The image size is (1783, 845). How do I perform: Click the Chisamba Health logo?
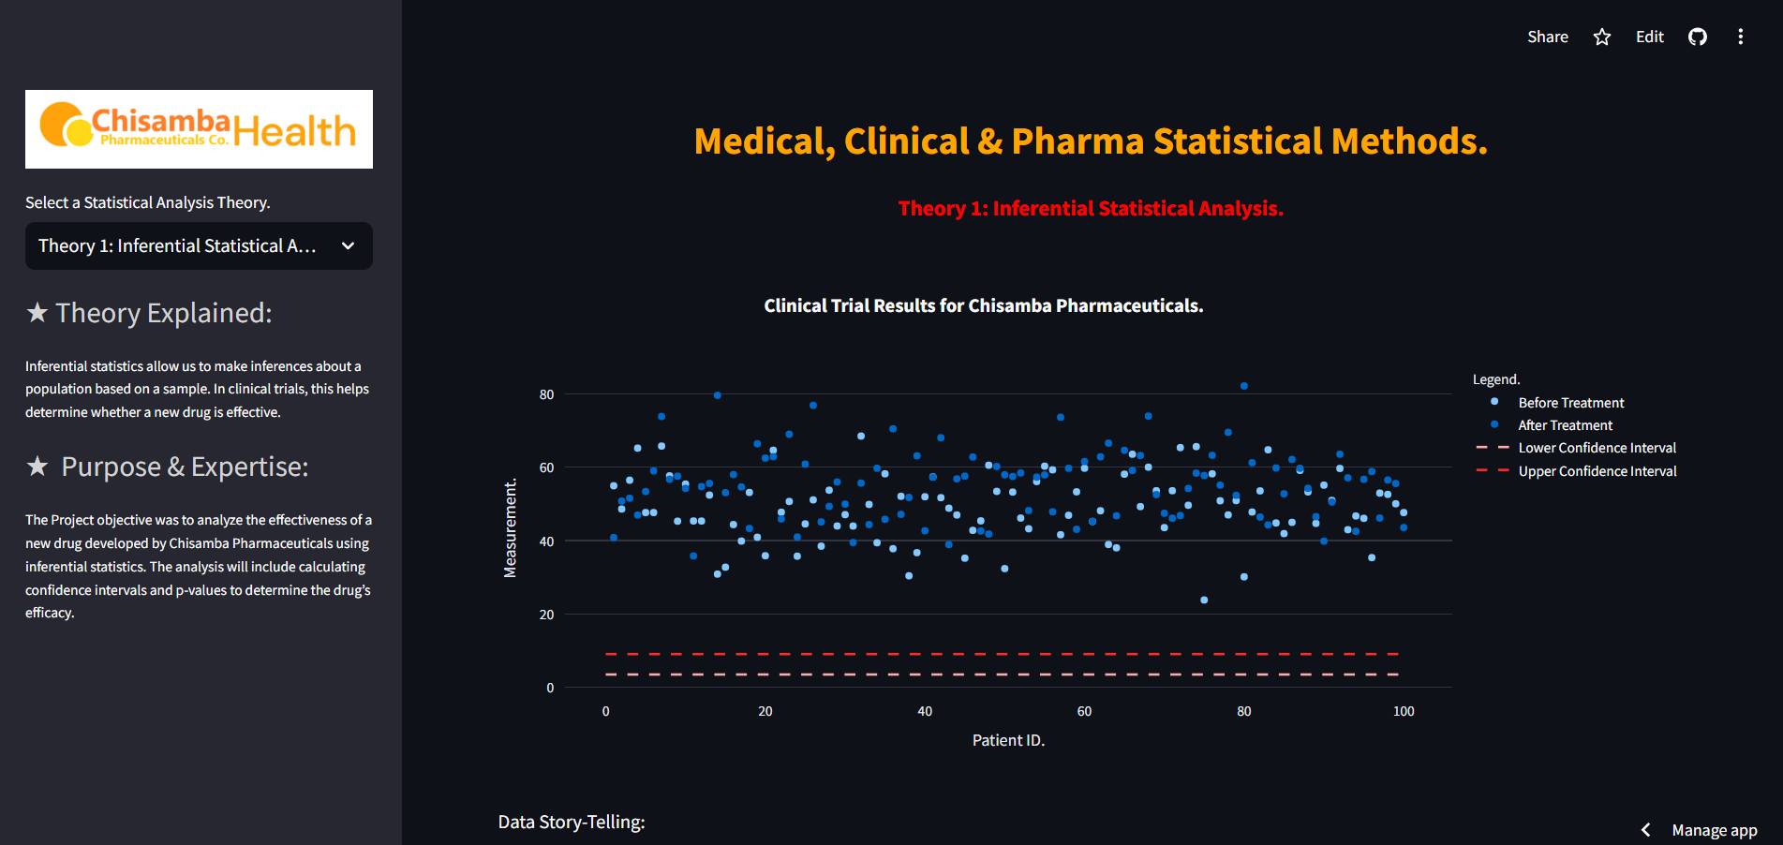point(199,129)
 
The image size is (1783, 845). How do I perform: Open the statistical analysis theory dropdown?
point(199,245)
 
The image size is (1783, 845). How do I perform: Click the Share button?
point(1547,37)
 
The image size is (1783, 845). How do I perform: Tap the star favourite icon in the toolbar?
point(1602,37)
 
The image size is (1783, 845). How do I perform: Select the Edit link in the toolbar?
point(1649,37)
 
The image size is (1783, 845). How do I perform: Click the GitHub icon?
point(1698,37)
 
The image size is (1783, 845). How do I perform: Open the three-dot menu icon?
point(1741,37)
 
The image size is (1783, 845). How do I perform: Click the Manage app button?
point(1714,830)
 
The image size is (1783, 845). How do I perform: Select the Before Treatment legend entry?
point(1570,403)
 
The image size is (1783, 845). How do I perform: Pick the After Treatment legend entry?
point(1565,425)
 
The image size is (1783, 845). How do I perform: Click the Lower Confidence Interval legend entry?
point(1597,448)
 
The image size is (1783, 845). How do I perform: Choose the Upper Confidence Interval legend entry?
point(1597,471)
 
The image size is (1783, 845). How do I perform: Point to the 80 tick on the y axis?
point(546,394)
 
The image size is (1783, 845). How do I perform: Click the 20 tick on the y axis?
point(546,615)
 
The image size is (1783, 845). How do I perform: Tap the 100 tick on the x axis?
point(1403,711)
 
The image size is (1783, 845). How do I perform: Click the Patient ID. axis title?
point(1008,740)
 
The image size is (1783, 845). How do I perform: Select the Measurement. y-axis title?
point(511,529)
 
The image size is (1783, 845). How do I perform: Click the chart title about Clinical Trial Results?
point(983,305)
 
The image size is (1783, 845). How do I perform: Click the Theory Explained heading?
point(163,313)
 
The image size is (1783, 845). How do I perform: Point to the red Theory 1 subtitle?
point(1091,208)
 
